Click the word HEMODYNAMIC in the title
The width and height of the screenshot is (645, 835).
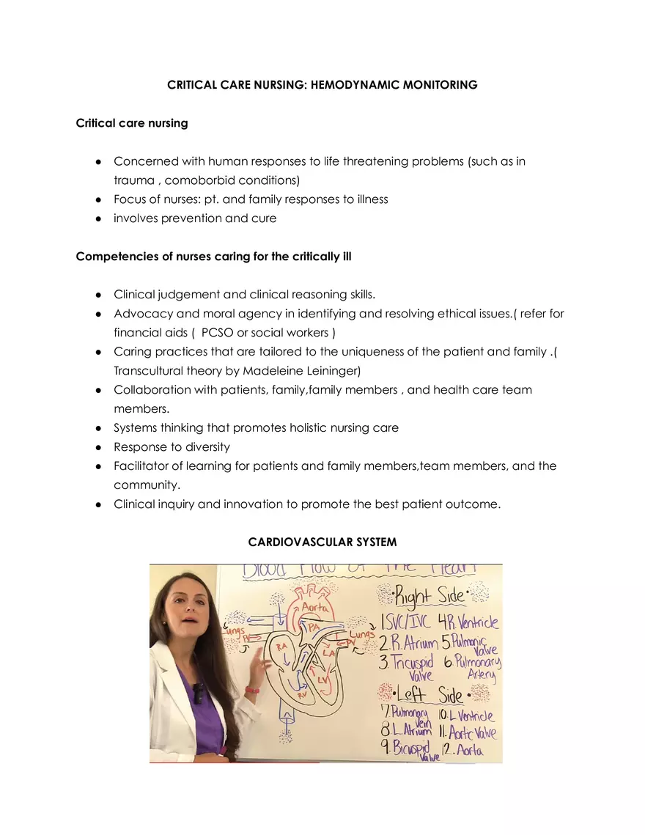pos(350,85)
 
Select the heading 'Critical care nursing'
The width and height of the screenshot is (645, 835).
pos(132,123)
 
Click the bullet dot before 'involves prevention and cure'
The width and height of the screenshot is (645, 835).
pos(97,218)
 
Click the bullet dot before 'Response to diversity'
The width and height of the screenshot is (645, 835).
pos(97,447)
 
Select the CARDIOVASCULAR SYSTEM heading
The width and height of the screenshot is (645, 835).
pos(322,542)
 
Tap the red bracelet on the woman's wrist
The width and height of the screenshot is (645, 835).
pos(252,690)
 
